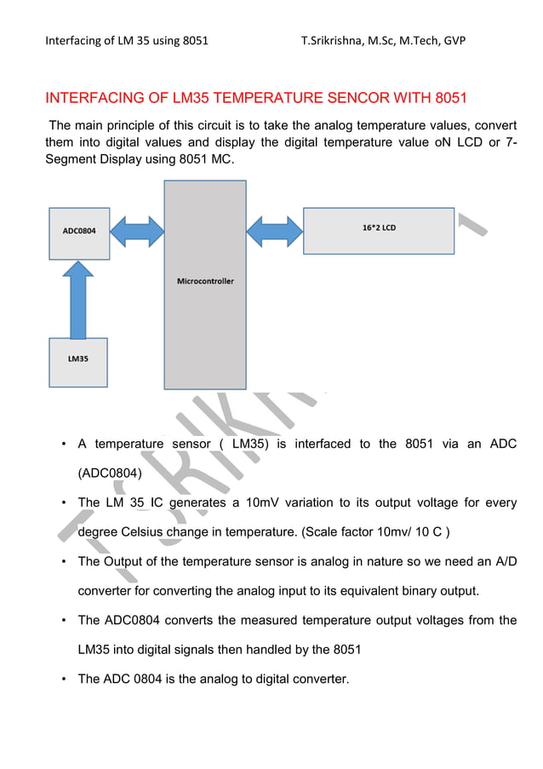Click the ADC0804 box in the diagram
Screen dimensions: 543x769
click(x=77, y=232)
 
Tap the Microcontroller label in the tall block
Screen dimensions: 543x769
click(x=205, y=281)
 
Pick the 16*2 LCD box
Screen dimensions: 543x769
click(x=378, y=229)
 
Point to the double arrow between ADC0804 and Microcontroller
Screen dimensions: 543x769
click(x=136, y=230)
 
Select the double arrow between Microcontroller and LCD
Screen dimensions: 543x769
click(x=274, y=228)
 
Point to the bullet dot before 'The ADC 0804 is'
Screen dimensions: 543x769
click(x=64, y=680)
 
